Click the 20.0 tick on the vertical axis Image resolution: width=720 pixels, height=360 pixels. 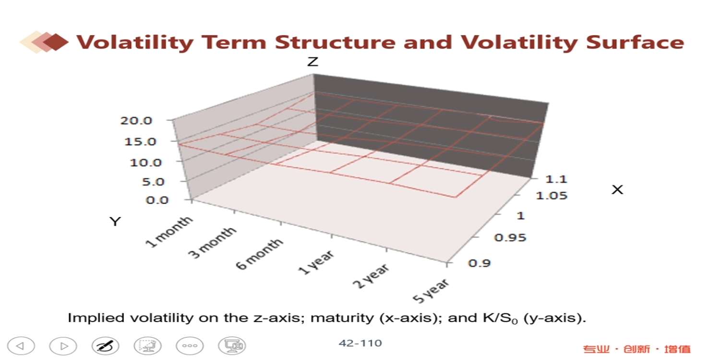[136, 120]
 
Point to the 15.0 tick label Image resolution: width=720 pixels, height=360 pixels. [140, 142]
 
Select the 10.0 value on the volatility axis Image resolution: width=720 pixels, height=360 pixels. [145, 162]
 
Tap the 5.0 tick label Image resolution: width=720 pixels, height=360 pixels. [153, 181]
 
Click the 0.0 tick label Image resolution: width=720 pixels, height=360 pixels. [157, 200]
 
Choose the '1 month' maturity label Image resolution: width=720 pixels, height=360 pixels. [169, 232]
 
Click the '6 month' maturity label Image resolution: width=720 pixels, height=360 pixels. [259, 254]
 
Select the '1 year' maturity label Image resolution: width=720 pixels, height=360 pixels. [316, 262]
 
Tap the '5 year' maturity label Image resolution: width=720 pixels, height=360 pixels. [431, 290]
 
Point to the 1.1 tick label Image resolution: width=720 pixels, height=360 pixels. [556, 179]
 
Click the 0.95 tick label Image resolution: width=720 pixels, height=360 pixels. [510, 238]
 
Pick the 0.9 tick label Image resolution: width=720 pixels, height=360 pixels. [480, 263]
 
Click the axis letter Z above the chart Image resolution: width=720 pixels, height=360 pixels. [313, 61]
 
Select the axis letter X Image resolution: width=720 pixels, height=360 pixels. [617, 190]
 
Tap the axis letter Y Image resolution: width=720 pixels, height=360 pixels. [115, 221]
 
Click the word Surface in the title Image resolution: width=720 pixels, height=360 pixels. [635, 42]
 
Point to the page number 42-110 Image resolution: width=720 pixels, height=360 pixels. [360, 343]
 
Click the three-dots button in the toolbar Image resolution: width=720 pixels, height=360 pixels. [190, 346]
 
